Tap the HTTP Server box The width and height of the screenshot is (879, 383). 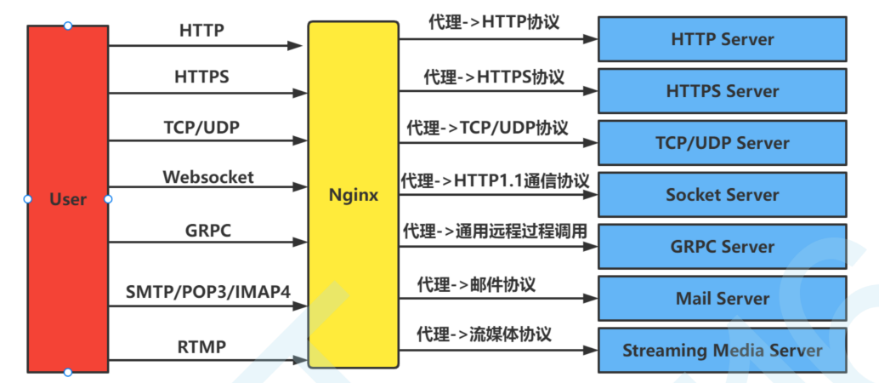coord(723,39)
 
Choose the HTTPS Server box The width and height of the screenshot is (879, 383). coord(723,91)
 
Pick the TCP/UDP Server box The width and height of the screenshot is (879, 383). coord(723,143)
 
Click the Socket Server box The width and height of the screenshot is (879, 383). coord(723,195)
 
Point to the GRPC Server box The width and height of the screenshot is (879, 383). coord(723,247)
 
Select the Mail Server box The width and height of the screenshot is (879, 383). coord(723,299)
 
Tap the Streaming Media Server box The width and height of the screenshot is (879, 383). coord(723,350)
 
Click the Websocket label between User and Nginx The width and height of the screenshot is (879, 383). coord(208,178)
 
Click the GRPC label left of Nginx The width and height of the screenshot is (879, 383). coord(208,230)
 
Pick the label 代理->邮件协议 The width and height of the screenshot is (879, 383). coord(476,284)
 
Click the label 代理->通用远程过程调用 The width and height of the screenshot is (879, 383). coord(495,232)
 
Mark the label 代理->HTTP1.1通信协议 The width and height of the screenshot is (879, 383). coord(495,180)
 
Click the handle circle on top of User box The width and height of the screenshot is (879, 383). coord(68,26)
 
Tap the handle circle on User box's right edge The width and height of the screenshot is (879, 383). coord(108,199)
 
